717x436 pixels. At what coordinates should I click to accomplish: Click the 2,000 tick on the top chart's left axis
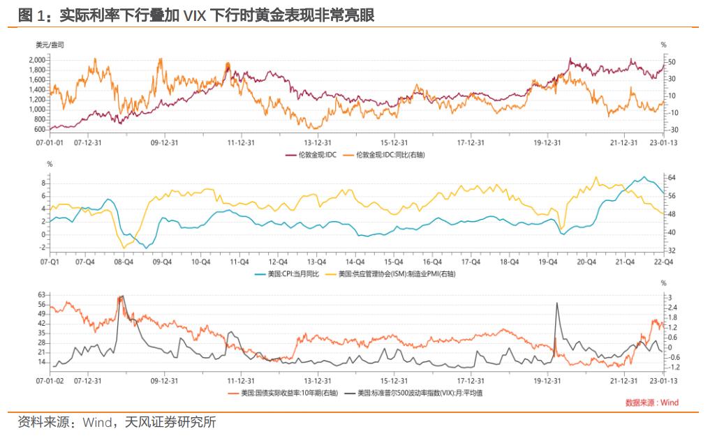(37, 61)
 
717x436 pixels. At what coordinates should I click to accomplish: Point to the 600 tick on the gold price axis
(39, 130)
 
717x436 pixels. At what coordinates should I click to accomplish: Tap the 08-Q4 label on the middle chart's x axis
(124, 262)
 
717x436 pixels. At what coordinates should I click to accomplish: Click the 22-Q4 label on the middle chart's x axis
(662, 262)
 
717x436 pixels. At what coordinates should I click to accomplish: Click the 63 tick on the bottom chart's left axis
(40, 295)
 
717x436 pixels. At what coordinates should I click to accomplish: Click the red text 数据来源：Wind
(651, 403)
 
